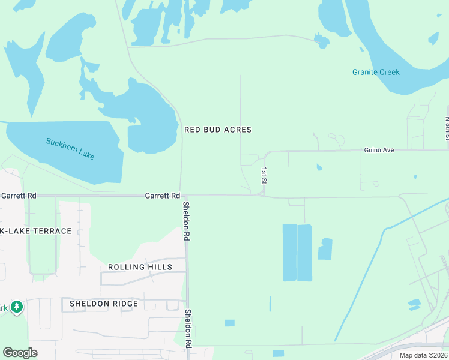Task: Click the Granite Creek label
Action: (x=376, y=73)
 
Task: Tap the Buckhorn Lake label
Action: (x=70, y=149)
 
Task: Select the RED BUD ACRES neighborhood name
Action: (x=217, y=130)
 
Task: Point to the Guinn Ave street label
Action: (x=379, y=149)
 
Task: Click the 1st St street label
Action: (x=263, y=175)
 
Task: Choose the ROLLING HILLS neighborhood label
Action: (x=140, y=267)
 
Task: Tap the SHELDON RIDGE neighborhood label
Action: (x=103, y=304)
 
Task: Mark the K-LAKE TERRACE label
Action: (x=36, y=231)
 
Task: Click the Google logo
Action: (x=20, y=353)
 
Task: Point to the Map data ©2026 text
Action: (x=423, y=355)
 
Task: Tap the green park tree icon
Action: (x=17, y=307)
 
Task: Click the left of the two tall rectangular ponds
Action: (x=289, y=253)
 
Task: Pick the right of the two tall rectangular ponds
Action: (x=305, y=253)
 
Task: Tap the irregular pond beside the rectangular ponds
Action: (x=325, y=249)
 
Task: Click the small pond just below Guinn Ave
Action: (x=319, y=167)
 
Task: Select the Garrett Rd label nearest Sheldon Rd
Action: (x=163, y=196)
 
